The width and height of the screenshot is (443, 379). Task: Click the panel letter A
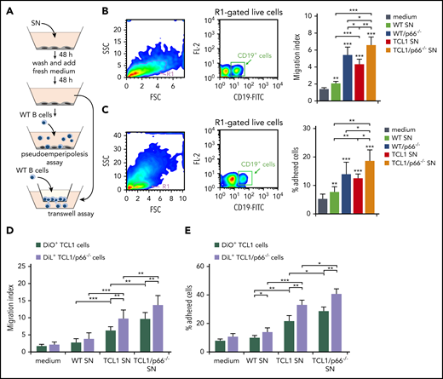6,7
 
